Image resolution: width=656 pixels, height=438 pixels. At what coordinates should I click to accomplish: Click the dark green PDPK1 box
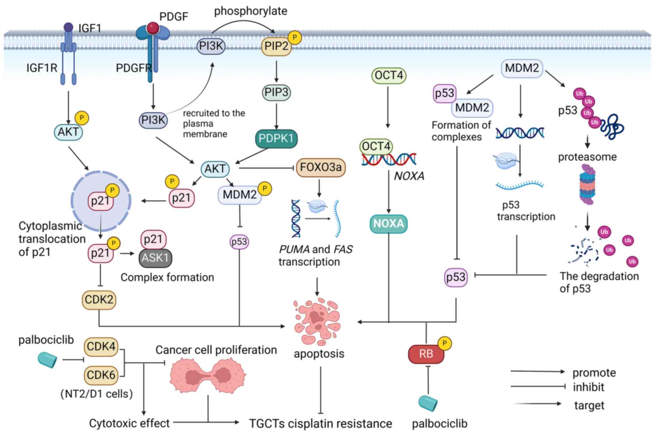point(276,138)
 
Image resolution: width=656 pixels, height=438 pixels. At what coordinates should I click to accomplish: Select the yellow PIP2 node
point(276,46)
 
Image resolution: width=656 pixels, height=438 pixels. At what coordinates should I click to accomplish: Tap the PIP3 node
point(276,92)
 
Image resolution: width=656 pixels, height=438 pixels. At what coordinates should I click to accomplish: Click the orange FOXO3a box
point(321,167)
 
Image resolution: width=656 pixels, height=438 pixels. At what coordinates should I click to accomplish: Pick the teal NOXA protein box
point(388,224)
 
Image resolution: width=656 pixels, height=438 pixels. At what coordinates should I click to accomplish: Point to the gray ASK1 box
point(155,258)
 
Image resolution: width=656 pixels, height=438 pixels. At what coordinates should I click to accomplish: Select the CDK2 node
point(99,300)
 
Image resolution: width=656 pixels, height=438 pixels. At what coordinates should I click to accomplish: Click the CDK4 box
point(101,347)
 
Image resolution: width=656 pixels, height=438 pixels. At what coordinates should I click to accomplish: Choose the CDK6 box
point(101,375)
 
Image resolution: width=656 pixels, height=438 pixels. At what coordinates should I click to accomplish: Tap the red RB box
point(426,354)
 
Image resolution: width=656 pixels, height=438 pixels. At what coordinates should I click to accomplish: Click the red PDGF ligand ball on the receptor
point(152,28)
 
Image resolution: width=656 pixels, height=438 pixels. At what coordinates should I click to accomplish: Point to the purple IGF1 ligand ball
point(68,27)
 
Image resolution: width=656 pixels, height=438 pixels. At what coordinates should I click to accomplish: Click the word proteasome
point(587,157)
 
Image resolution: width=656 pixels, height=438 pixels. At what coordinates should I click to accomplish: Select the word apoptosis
point(319,354)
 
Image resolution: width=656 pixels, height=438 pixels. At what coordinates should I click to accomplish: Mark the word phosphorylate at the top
point(251,11)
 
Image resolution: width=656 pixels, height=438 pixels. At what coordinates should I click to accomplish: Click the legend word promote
point(594,373)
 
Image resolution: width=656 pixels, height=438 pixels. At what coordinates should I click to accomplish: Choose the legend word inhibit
point(588,387)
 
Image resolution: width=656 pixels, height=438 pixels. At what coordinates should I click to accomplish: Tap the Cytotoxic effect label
point(129,423)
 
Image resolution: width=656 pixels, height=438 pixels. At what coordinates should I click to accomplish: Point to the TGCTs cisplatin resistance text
point(321,424)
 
